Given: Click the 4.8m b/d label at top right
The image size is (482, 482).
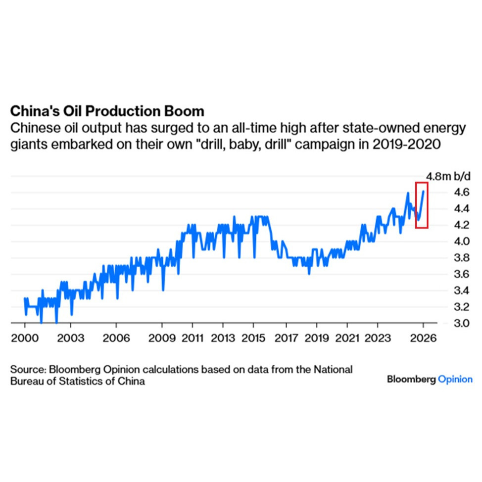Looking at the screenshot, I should pos(446,176).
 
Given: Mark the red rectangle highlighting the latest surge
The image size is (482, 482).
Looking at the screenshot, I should pos(422,205).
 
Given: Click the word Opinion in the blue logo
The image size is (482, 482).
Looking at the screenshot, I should pos(455,380).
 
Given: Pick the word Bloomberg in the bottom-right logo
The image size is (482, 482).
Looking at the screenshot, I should pos(411,380).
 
